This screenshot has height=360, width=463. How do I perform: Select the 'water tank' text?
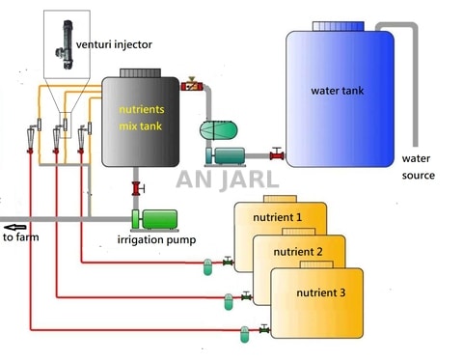coord(337,92)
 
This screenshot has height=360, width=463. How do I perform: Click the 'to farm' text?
coord(22,236)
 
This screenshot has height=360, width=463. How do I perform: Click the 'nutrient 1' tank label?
coord(278,217)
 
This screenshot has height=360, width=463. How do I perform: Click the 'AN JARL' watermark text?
coord(227,180)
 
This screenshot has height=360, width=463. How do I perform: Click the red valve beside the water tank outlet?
coord(277,152)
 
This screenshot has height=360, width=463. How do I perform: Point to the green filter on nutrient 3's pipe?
coord(243,332)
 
